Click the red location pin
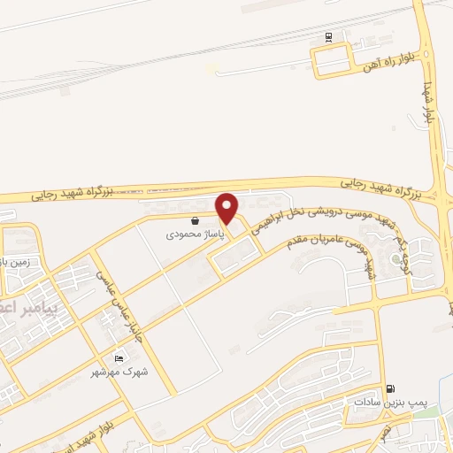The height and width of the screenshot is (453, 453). click(227, 208)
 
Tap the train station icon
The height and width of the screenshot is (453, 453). click(328, 36)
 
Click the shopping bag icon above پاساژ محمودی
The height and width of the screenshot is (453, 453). click(195, 221)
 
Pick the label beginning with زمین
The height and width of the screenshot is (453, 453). click(15, 262)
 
